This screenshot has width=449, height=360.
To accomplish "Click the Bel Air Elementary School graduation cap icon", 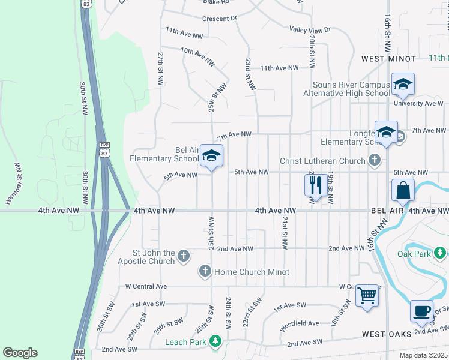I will tap(211, 156).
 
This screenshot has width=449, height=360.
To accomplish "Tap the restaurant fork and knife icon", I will tap(316, 184).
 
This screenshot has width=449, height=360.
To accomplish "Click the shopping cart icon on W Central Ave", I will tap(367, 295).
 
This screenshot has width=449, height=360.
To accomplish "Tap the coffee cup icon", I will tap(421, 311).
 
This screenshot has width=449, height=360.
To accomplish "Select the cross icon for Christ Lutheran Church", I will tap(375, 160).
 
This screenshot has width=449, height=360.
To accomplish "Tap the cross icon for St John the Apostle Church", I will tap(184, 256).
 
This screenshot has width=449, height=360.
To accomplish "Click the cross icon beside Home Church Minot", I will tap(205, 272).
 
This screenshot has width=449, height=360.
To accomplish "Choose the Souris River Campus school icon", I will tap(403, 84).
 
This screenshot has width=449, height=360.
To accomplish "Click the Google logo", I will tap(20, 353).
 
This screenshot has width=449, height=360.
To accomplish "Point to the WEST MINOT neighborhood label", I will tap(388, 59).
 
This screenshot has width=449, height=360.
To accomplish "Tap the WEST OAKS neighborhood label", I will tap(386, 334).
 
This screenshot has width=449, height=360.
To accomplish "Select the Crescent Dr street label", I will tap(220, 19).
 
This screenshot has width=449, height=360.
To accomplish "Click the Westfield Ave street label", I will tap(300, 323).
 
